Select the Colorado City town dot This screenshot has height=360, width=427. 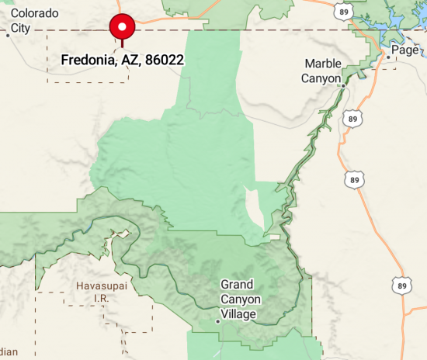(x=10, y=34)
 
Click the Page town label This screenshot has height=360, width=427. (x=405, y=50)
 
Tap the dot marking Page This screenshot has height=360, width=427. (x=387, y=57)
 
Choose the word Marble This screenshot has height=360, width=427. (x=323, y=64)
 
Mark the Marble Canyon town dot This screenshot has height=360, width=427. (x=342, y=85)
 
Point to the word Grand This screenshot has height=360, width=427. (x=237, y=285)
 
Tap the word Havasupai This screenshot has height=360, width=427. (x=100, y=286)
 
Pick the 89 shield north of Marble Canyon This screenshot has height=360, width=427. (x=342, y=12)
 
